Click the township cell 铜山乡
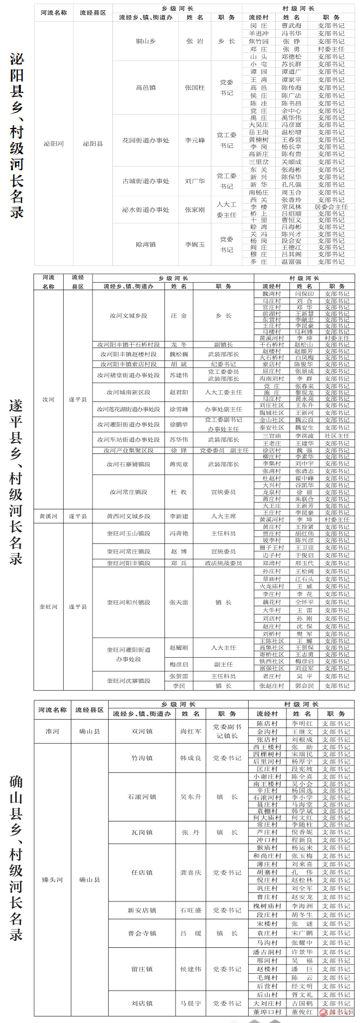point(145,41)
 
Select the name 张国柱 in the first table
point(195,88)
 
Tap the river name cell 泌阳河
point(54,144)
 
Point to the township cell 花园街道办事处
point(145,141)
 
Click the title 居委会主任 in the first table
point(331,207)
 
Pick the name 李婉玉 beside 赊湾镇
point(195,245)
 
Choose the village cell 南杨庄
point(258,192)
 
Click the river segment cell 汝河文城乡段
point(128,316)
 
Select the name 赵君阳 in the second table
point(178,392)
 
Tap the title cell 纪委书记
point(223,364)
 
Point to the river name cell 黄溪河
point(48,516)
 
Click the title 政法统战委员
point(223,563)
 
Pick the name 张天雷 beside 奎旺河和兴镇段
point(178,603)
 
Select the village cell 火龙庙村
point(271,586)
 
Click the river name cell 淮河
point(52,731)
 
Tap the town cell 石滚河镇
point(142,797)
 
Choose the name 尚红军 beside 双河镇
point(191,731)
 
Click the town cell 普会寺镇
point(142,933)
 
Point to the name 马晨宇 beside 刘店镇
point(191,1004)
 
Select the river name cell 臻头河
point(52,880)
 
